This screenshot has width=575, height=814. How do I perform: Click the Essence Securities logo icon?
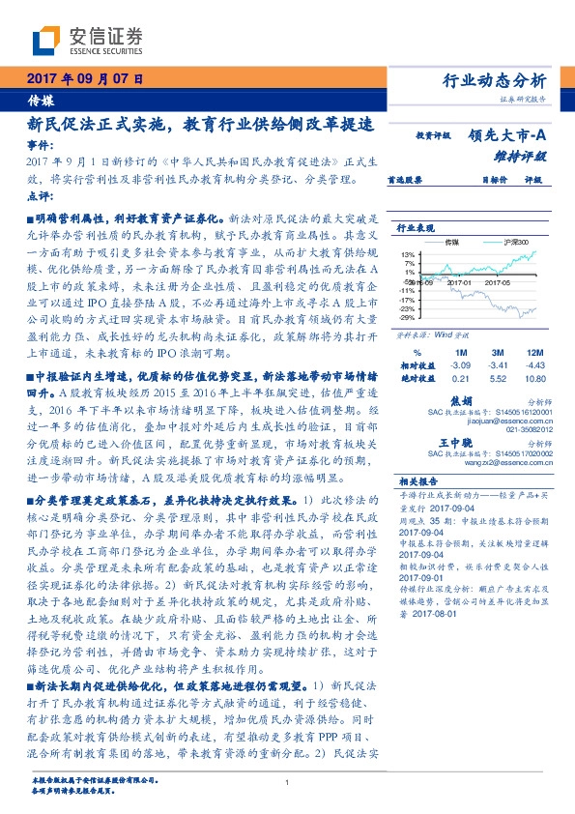tap(48, 41)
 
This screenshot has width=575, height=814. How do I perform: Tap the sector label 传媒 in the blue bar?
tap(40, 99)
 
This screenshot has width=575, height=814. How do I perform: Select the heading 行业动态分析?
tap(500, 80)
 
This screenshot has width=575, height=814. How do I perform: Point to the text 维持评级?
tap(527, 155)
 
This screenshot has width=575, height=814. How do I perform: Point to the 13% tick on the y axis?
tap(409, 253)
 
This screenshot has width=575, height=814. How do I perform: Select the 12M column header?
tap(534, 352)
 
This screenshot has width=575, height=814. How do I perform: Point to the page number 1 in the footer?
tap(287, 783)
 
